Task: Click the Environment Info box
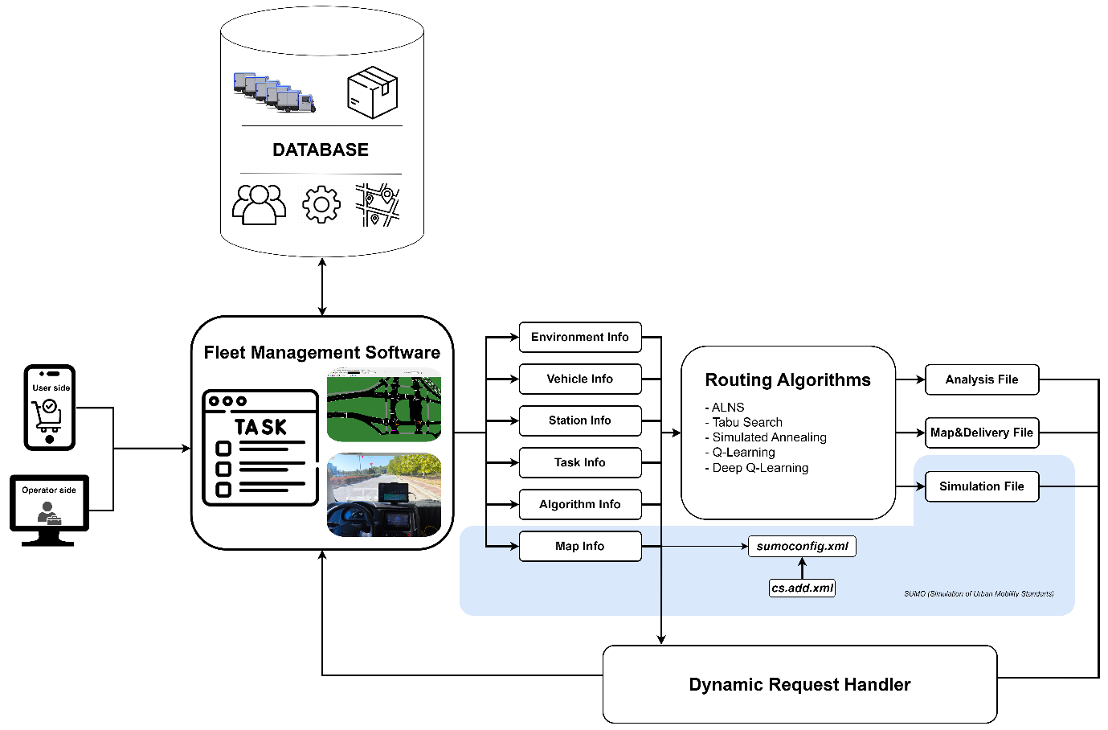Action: [x=580, y=337]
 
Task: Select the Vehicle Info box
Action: [x=580, y=379]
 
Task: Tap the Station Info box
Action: [x=580, y=420]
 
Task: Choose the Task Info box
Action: [x=580, y=462]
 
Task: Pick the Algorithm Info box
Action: [x=580, y=504]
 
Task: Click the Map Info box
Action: [x=580, y=546]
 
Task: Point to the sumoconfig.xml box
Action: [x=802, y=546]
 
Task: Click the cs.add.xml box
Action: [x=802, y=588]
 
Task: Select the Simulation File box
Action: [x=982, y=486]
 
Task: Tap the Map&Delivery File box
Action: [x=982, y=433]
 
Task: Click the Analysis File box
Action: [x=982, y=379]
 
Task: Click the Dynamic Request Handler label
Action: [x=799, y=684]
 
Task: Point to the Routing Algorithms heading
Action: [x=787, y=379]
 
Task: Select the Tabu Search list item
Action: [x=747, y=422]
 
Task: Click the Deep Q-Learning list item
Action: [x=760, y=468]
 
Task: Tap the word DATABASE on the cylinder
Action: [x=321, y=150]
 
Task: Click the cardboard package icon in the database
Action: [x=373, y=92]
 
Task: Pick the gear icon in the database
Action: [x=321, y=205]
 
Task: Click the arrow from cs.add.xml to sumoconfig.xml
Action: [x=802, y=568]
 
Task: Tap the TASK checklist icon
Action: [x=260, y=448]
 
